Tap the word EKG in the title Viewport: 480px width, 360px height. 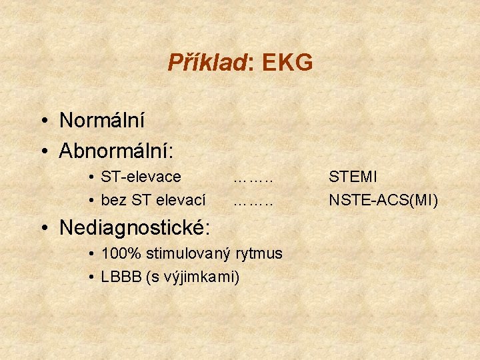pos(287,63)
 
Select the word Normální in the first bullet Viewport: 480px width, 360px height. pos(102,121)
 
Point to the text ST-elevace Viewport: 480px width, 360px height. pos(141,177)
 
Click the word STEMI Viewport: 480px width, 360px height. pos(353,177)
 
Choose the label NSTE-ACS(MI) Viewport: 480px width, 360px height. pos(383,199)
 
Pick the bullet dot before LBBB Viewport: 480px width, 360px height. pos(91,277)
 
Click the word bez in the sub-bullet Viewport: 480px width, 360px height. pos(111,199)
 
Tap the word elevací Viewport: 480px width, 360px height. pos(182,199)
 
